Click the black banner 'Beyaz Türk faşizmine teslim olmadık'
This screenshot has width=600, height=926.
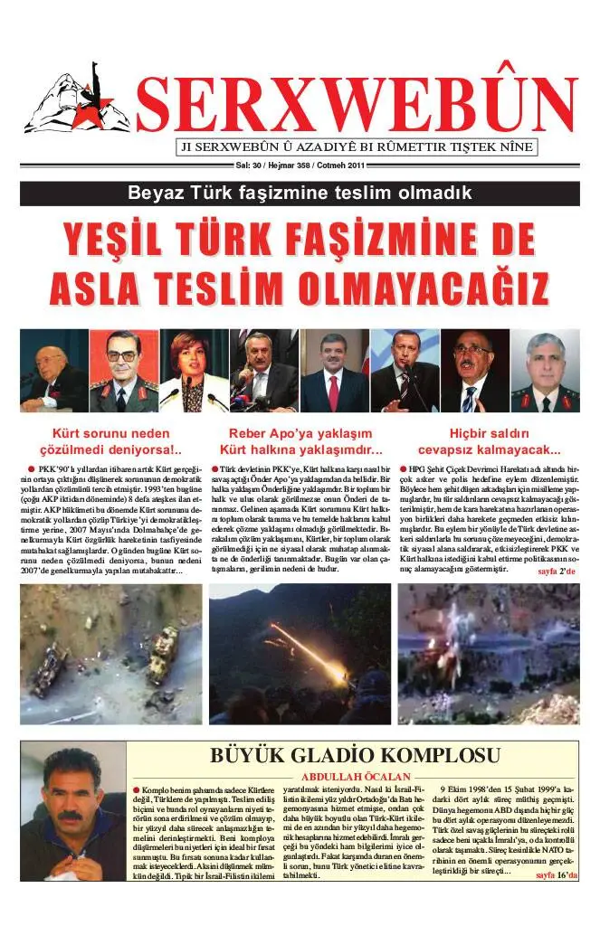[x=300, y=193]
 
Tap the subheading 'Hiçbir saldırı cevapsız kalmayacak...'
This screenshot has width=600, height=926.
[x=489, y=441]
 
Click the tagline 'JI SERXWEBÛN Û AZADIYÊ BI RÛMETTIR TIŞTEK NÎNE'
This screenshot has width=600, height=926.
[x=354, y=147]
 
